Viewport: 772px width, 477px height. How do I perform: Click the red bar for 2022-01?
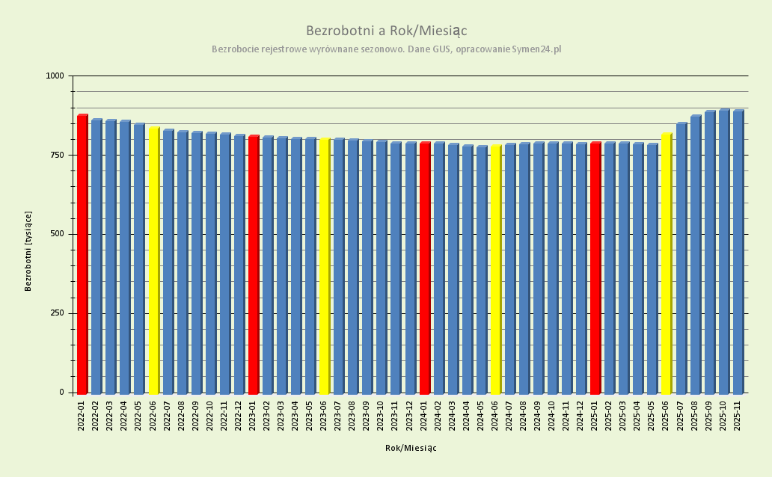(x=82, y=254)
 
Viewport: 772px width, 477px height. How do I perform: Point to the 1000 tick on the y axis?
(x=55, y=76)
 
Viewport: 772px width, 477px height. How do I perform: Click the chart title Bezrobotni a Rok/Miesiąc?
(x=386, y=31)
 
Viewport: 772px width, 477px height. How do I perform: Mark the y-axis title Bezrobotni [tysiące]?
(x=28, y=250)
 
